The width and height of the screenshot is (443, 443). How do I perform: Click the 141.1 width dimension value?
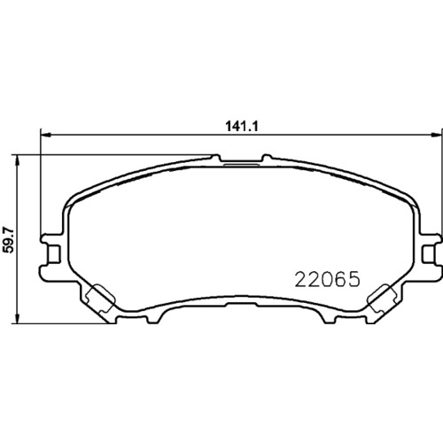click(x=242, y=126)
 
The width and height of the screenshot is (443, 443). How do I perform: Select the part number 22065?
click(x=324, y=280)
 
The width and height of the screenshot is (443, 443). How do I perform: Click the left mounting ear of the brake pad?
click(x=51, y=250)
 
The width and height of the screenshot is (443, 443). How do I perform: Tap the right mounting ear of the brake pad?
click(x=431, y=250)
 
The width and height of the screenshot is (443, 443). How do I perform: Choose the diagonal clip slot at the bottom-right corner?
click(x=385, y=296)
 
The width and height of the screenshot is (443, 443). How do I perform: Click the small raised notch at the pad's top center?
click(x=241, y=163)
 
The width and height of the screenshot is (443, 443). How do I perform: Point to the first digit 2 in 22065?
click(x=299, y=280)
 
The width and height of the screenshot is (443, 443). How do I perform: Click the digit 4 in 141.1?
click(x=237, y=126)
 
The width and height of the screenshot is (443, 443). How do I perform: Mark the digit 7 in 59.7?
click(x=10, y=229)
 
